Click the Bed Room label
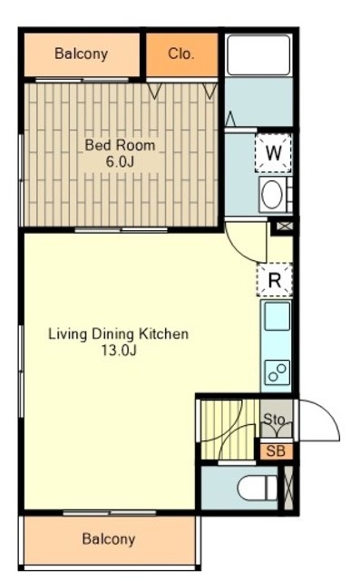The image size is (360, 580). coord(120,145)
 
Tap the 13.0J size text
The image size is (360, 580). coord(119,351)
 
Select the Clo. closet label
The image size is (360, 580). coord(181,54)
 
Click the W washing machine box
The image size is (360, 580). coord(274,153)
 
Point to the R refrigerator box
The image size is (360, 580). coord(275,280)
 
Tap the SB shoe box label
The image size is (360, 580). coord(276,451)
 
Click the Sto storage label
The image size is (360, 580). coord(274,419)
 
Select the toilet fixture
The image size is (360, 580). coord(258,488)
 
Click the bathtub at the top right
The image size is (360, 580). coord(258,55)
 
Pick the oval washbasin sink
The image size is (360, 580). coord(272,195)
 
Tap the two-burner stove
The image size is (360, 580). coord(277,372)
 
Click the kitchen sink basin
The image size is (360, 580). coord(277,316)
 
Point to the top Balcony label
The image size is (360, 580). coord(82,54)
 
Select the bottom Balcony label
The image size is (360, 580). coord(109,539)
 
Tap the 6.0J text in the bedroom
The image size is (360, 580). coord(120,162)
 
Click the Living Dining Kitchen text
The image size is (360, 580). coord(119,334)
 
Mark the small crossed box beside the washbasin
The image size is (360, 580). coord(285,226)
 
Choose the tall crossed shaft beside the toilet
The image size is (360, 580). coord(288,488)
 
